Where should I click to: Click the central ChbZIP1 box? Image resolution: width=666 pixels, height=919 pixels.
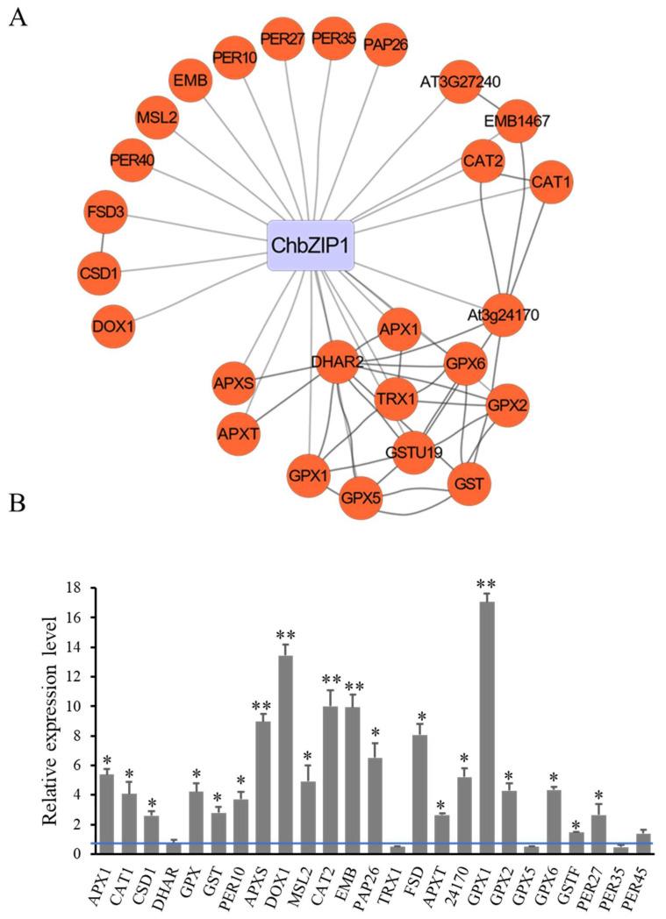point(311,245)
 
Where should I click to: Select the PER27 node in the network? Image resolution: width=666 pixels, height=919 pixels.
point(283,40)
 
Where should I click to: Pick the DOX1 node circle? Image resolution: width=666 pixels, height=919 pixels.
point(113,326)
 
